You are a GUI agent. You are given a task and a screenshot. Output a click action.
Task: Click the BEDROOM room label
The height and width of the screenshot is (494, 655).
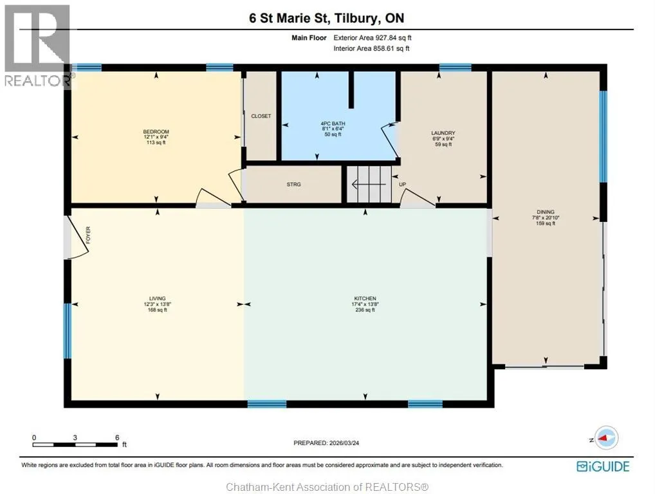tap(156, 132)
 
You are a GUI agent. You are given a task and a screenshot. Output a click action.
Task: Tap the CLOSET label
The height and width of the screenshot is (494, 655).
tap(261, 116)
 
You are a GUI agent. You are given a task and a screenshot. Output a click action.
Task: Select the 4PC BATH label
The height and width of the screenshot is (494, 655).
tap(333, 123)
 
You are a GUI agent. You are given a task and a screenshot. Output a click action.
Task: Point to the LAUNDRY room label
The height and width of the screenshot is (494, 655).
tap(443, 133)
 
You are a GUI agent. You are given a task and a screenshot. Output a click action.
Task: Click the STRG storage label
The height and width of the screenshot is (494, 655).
tap(293, 185)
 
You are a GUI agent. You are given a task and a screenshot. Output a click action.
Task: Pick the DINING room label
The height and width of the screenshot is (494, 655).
tap(546, 212)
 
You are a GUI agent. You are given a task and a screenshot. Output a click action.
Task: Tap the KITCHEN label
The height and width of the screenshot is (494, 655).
tap(365, 298)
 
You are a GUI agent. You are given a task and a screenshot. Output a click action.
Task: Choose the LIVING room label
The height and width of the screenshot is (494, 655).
tap(158, 298)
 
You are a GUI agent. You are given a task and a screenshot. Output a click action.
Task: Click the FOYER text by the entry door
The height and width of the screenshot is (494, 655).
tap(88, 235)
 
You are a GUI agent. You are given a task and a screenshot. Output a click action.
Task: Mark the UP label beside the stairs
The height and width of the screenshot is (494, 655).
tap(402, 185)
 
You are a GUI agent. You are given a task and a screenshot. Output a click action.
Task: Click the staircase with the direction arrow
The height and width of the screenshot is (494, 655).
tap(369, 184)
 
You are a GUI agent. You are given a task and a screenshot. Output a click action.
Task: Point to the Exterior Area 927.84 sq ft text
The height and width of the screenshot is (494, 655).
tap(372, 37)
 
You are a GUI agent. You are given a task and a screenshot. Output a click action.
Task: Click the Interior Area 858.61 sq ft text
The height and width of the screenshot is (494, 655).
tap(371, 48)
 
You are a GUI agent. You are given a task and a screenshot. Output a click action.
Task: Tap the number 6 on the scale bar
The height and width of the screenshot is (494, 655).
tap(117, 437)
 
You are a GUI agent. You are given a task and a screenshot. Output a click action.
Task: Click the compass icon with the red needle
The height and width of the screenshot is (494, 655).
tap(605, 438)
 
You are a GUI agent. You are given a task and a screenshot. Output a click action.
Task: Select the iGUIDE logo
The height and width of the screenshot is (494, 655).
tap(603, 466)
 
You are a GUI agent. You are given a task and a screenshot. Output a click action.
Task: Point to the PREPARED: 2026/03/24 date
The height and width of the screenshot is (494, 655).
tap(326, 443)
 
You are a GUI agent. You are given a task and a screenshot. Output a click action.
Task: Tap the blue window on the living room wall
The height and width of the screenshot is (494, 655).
tap(68, 331)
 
